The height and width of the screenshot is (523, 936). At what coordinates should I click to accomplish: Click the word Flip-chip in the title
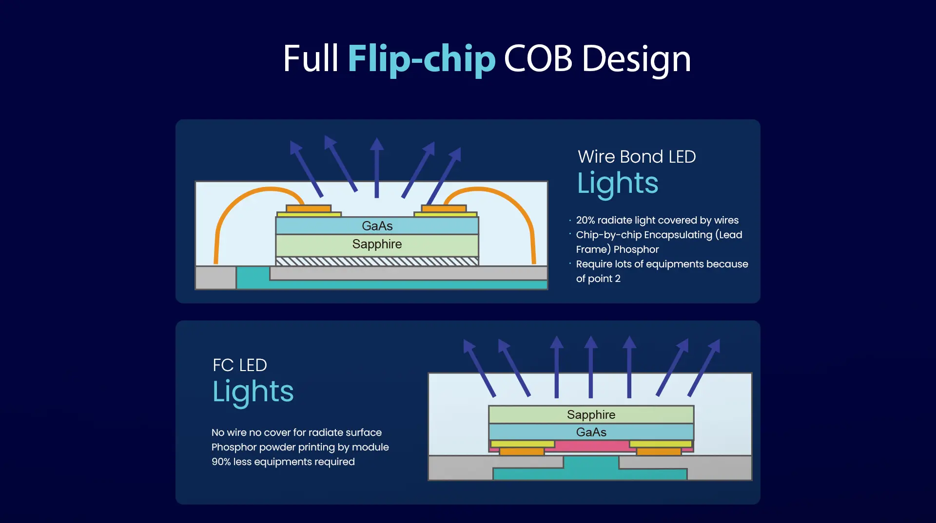pyautogui.click(x=422, y=59)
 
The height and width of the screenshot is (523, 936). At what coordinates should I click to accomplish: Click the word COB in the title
pyautogui.click(x=538, y=59)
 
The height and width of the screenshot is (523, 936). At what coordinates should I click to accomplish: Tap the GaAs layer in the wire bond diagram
pyautogui.click(x=377, y=226)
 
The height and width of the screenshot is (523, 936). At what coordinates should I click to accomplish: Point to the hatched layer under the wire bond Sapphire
pyautogui.click(x=377, y=261)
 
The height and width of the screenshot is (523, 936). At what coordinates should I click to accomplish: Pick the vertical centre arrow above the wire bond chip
pyautogui.click(x=376, y=168)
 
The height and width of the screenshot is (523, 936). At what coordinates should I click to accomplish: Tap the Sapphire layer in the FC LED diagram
pyautogui.click(x=591, y=414)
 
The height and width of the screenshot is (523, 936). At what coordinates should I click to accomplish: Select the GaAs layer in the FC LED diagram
pyautogui.click(x=591, y=432)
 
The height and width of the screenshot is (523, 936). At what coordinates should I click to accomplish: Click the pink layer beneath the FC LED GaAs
pyautogui.click(x=591, y=446)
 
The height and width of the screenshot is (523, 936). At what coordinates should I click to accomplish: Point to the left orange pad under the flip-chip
pyautogui.click(x=522, y=451)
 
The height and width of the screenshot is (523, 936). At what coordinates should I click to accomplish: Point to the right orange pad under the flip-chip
pyautogui.click(x=659, y=451)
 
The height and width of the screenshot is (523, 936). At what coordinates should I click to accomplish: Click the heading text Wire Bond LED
pyautogui.click(x=637, y=157)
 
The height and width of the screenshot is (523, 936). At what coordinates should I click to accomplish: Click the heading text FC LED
pyautogui.click(x=240, y=365)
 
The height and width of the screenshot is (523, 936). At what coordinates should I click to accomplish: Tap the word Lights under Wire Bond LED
pyautogui.click(x=618, y=184)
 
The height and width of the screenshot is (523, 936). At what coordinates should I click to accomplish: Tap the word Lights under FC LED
pyautogui.click(x=253, y=392)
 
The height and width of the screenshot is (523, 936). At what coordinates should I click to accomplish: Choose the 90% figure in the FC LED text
pyautogui.click(x=221, y=462)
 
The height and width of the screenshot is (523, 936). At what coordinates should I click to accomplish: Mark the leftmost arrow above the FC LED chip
pyautogui.click(x=479, y=368)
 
